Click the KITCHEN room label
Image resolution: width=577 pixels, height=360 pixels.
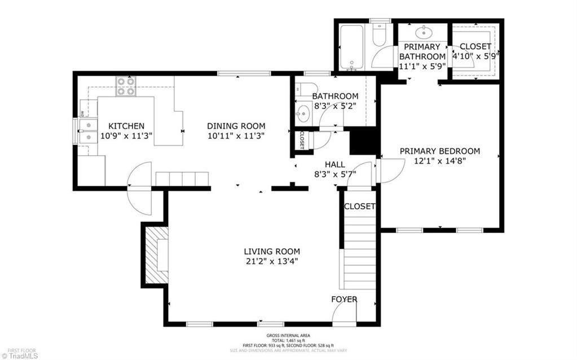(126, 126)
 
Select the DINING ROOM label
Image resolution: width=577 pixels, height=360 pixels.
(236, 126)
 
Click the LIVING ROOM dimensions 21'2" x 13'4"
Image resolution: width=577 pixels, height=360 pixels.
(271, 261)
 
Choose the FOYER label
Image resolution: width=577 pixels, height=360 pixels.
(344, 299)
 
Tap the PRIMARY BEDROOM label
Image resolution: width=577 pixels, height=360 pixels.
(440, 151)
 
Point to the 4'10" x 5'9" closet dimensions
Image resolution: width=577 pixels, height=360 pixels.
(476, 56)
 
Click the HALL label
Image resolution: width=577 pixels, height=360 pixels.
(334, 164)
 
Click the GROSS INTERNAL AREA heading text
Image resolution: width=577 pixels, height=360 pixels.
(288, 336)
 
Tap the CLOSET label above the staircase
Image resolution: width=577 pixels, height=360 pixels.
(359, 207)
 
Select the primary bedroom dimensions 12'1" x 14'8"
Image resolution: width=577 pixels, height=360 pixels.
(440, 160)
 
